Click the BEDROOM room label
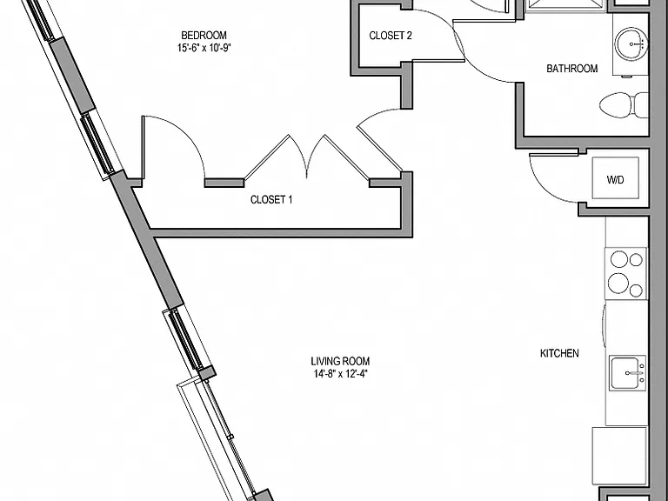click(x=204, y=35)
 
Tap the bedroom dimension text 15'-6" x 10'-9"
click(x=204, y=48)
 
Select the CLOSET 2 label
click(x=391, y=36)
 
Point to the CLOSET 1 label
click(x=271, y=199)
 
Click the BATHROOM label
click(x=571, y=69)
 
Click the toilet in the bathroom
click(x=625, y=104)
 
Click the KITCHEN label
click(x=559, y=353)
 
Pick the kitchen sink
click(x=627, y=373)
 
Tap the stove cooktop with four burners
click(x=625, y=273)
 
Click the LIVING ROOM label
click(x=340, y=361)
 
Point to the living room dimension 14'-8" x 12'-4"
click(x=340, y=375)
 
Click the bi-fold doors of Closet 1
click(x=307, y=157)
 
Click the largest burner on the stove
click(x=618, y=283)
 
